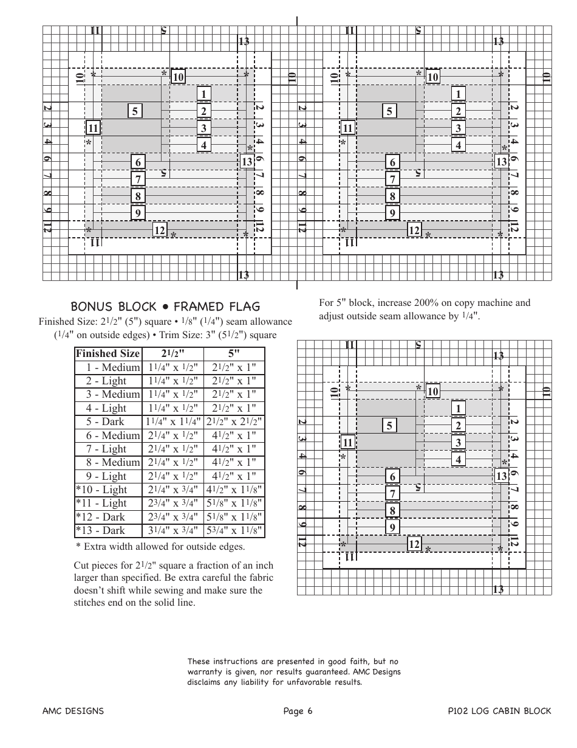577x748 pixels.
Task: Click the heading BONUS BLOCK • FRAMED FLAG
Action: tap(165, 306)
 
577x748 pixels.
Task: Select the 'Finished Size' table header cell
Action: tap(108, 353)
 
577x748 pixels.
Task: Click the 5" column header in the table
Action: tap(234, 353)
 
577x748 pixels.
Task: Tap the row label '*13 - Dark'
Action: tap(101, 530)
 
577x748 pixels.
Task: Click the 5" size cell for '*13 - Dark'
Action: tap(234, 530)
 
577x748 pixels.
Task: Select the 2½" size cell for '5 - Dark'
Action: tap(172, 421)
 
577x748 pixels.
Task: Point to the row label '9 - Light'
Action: tap(106, 476)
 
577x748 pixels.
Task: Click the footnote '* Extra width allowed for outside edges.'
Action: tap(160, 546)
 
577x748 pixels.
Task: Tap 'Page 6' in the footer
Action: tap(298, 711)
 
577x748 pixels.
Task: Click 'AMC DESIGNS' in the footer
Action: tap(73, 711)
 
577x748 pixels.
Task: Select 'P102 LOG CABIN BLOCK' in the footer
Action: tap(499, 711)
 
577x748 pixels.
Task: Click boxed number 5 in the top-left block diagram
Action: tap(135, 111)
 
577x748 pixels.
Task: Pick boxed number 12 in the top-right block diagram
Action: tap(414, 230)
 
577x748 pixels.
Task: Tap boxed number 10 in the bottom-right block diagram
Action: tap(432, 391)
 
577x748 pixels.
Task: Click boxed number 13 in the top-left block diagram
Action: tap(247, 162)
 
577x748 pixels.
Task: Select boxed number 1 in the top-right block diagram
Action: tap(458, 94)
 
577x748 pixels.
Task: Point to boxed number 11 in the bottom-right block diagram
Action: tap(347, 442)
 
